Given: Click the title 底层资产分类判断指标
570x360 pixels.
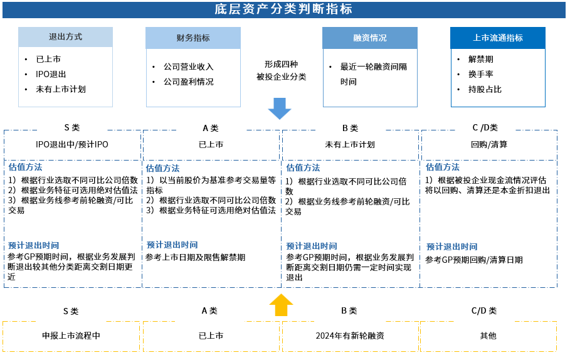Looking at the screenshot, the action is click(283, 9).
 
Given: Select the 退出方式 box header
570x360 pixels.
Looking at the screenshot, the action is click(65, 37).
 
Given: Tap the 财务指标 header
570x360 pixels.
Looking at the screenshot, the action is click(193, 38).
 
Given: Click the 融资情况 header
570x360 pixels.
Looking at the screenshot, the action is click(370, 38).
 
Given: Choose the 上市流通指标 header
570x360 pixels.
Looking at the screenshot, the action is click(498, 38).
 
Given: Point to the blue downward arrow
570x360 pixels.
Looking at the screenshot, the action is click(280, 109).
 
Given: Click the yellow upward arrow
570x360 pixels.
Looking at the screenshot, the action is click(281, 305).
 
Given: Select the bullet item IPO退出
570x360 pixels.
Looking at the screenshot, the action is click(51, 74).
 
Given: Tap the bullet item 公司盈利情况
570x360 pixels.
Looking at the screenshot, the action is click(188, 82).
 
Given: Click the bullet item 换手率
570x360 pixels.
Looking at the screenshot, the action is click(480, 74).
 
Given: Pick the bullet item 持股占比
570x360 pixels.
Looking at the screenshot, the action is click(485, 90).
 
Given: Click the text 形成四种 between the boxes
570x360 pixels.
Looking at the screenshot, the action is click(281, 65).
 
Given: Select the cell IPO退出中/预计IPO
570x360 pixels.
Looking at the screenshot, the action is click(72, 145).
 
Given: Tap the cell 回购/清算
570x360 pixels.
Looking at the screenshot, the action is click(489, 145).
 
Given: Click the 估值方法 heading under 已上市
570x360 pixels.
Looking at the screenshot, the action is click(162, 168).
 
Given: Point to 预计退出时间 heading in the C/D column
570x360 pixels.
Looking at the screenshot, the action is click(451, 247).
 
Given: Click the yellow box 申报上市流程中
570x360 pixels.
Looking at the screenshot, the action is click(71, 336).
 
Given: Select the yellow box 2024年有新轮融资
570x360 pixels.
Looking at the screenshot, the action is click(350, 336).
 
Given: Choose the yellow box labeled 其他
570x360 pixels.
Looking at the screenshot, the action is click(488, 336).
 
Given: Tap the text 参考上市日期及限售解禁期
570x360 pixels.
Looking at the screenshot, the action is click(196, 257).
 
